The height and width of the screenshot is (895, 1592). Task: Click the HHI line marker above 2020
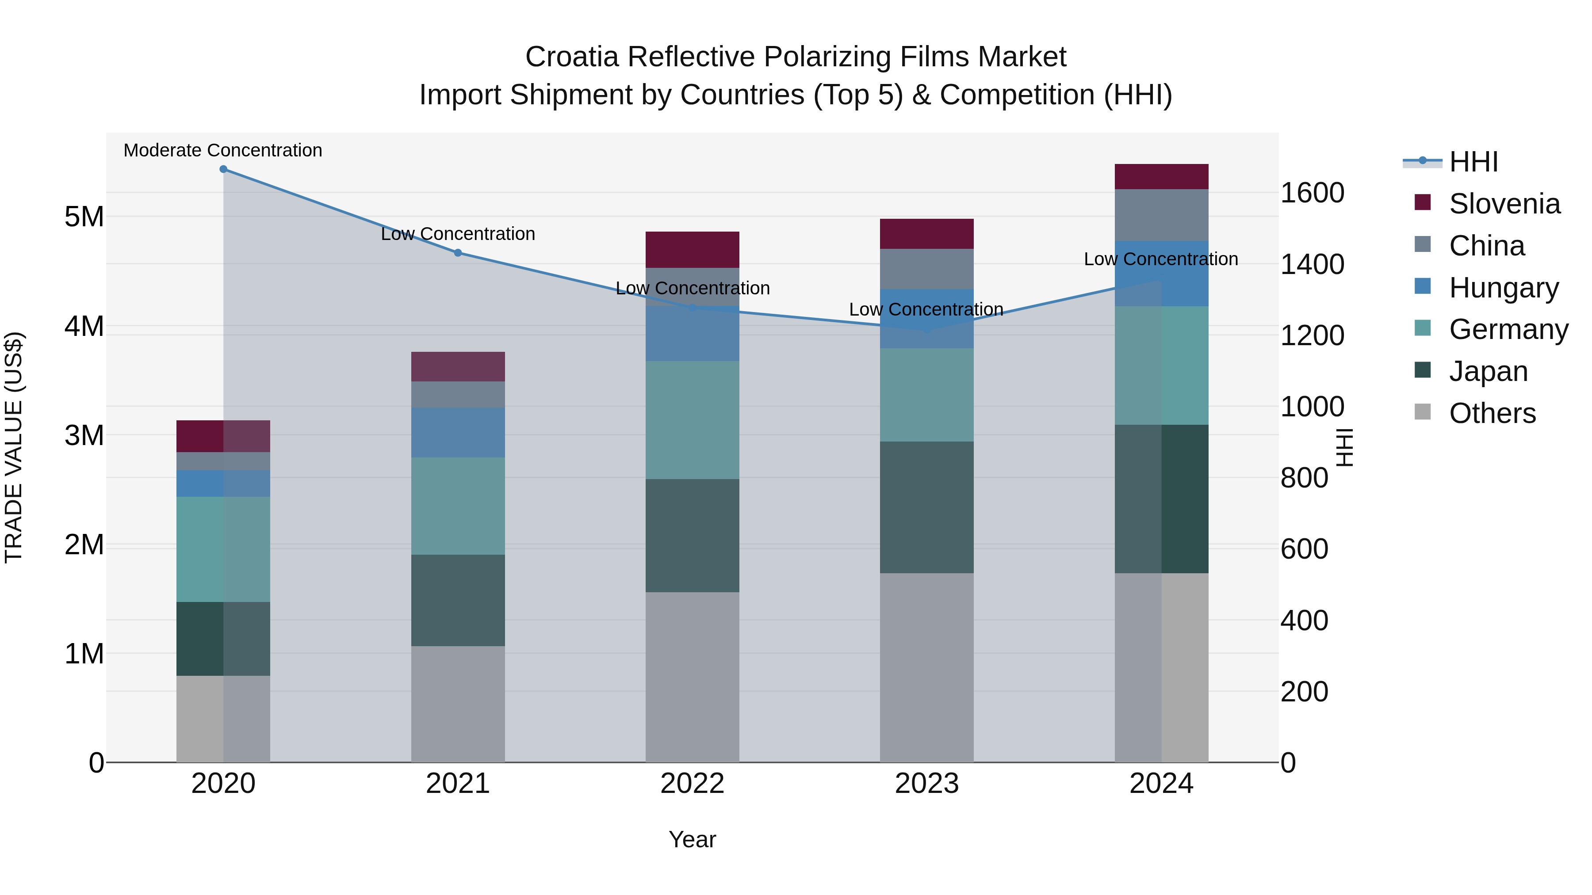[x=223, y=169]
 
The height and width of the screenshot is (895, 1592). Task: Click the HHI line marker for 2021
[x=458, y=253]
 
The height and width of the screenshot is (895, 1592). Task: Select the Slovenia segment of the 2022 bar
[x=692, y=250]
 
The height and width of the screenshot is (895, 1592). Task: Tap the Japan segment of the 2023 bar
[x=926, y=507]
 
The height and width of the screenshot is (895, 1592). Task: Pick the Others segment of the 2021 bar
[x=458, y=704]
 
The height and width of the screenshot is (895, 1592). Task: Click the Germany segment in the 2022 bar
[x=692, y=420]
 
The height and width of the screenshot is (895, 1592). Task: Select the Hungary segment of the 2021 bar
[x=458, y=432]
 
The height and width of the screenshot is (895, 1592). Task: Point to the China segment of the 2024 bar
[x=1161, y=215]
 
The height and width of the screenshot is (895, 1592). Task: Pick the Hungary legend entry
[x=1503, y=288]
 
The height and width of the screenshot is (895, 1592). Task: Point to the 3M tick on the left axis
[x=84, y=435]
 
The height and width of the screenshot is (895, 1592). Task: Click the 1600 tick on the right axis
[x=1312, y=193]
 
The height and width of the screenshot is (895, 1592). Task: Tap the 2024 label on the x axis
[x=1161, y=784]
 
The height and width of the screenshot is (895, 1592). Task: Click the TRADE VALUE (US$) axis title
[x=14, y=447]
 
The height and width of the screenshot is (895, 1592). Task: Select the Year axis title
[x=692, y=839]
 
